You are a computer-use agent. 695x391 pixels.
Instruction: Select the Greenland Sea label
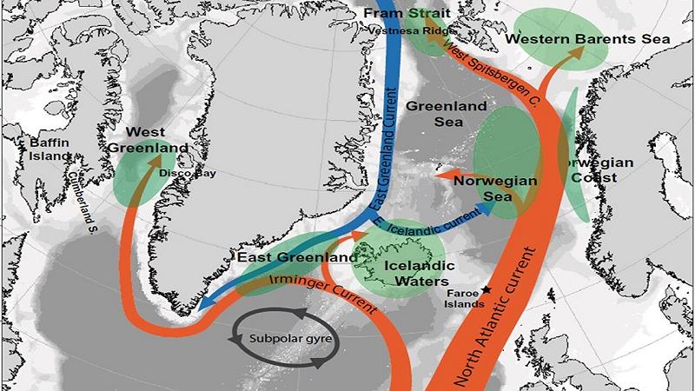point(433,117)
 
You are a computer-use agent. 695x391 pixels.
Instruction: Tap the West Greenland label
point(148,140)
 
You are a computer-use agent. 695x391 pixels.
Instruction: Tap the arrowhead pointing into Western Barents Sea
point(574,53)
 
